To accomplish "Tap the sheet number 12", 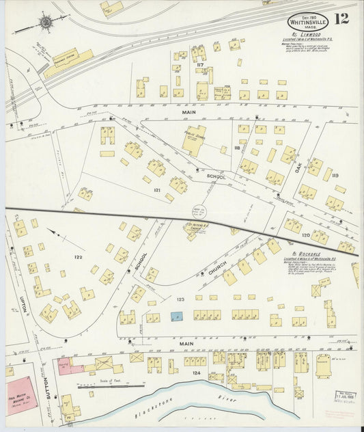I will click(x=341, y=18).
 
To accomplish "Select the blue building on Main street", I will click(x=177, y=316).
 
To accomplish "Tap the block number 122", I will click(x=79, y=257).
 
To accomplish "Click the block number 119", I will click(x=335, y=176).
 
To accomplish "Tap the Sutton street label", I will click(x=47, y=390).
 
